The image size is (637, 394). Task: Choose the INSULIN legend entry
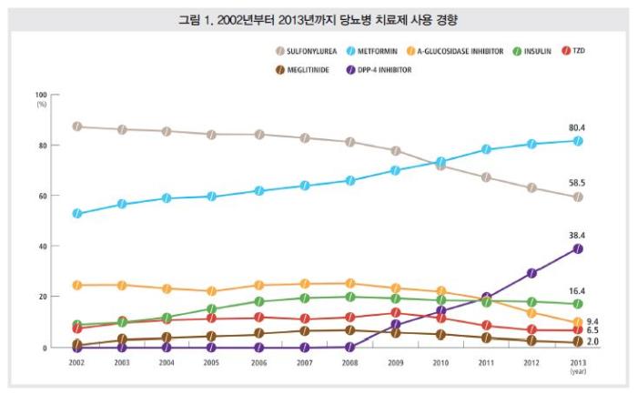click(x=537, y=52)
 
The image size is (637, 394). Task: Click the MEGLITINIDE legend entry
click(x=306, y=69)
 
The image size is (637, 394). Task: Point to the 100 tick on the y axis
click(x=41, y=95)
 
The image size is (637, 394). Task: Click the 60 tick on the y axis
click(x=43, y=196)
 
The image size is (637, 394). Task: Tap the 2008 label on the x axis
click(x=349, y=361)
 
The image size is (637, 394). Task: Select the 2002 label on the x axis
click(x=77, y=361)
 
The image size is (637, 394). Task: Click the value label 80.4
click(x=578, y=128)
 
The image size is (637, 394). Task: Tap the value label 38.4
click(x=578, y=235)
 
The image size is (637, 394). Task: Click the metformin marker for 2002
click(x=77, y=214)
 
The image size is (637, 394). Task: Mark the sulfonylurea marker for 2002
click(x=77, y=126)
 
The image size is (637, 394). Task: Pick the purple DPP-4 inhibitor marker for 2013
click(x=578, y=248)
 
